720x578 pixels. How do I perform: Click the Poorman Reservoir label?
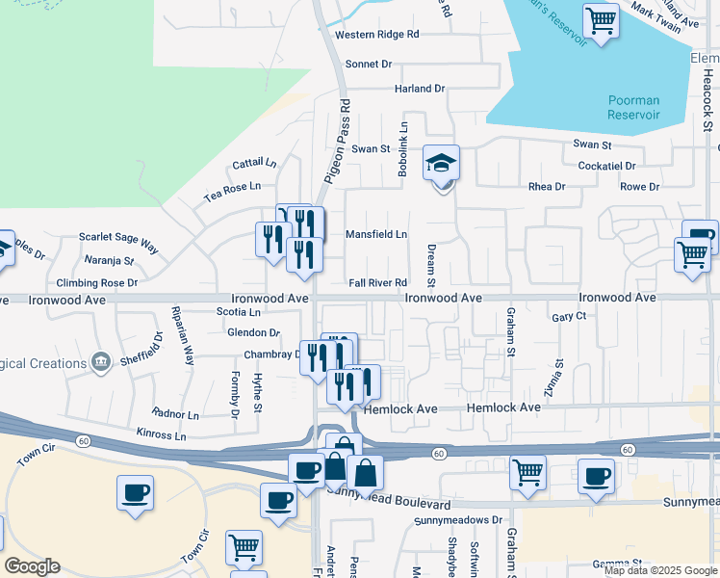point(633,107)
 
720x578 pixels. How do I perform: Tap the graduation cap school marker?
point(442,164)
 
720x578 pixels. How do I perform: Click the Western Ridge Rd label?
point(377,35)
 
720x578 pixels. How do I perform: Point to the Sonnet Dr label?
point(371,64)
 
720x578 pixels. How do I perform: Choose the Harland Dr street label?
point(420,89)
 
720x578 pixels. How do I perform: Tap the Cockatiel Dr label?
point(606,166)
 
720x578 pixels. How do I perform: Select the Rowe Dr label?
point(640,187)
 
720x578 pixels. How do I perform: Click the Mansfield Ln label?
point(376,234)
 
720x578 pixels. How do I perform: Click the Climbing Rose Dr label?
point(97,283)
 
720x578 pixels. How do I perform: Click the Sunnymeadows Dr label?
point(459,520)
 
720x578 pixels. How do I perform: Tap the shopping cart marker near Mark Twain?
point(602,19)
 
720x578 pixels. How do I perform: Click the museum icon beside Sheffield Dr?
point(100,362)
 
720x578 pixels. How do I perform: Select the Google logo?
point(32,566)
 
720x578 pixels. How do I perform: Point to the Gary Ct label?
point(569,316)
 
